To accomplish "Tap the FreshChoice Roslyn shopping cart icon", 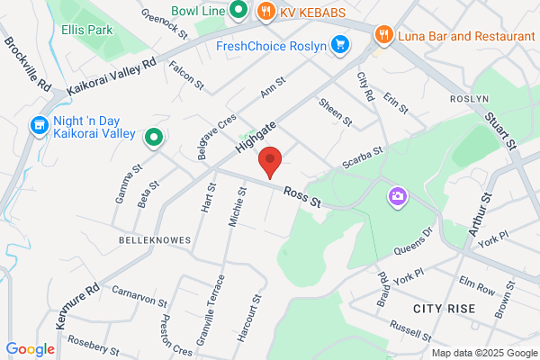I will pos(339,44).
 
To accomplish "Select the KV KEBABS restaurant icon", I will pos(265,12).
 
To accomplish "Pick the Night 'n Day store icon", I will pos(39,125).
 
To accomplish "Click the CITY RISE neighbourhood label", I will pos(443,308).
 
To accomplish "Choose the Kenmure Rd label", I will pos(79,305).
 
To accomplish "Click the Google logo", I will pos(30,348).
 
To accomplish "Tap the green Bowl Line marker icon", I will pos(238,11).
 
